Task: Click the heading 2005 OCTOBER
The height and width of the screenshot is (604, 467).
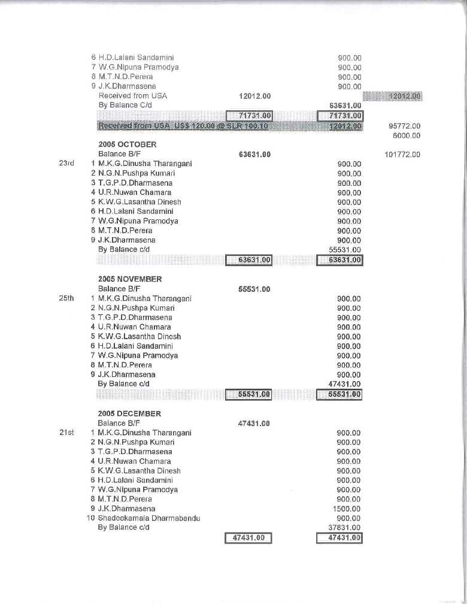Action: [x=127, y=144]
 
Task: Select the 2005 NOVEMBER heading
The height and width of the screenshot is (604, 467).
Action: [x=130, y=279]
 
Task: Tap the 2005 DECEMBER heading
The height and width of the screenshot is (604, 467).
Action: [x=129, y=413]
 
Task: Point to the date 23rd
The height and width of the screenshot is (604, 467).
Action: [x=66, y=164]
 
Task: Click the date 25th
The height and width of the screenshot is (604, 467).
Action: [x=66, y=298]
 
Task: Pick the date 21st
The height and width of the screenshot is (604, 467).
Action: [x=66, y=433]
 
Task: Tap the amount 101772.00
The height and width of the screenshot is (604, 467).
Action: [x=402, y=155]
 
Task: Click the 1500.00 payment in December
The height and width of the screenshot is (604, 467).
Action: [x=348, y=509]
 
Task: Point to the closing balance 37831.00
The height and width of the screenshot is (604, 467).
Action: [x=345, y=528]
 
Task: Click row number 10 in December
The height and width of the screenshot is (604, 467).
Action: [x=91, y=518]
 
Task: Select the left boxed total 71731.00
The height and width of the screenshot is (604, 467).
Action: [x=249, y=115]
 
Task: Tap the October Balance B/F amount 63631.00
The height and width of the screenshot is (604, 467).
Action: [x=254, y=155]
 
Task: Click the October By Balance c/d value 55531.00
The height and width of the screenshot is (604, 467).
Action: [x=345, y=250]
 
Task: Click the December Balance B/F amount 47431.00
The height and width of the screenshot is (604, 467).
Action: [x=254, y=423]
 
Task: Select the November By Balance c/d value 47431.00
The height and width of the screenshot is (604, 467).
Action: [x=345, y=384]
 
